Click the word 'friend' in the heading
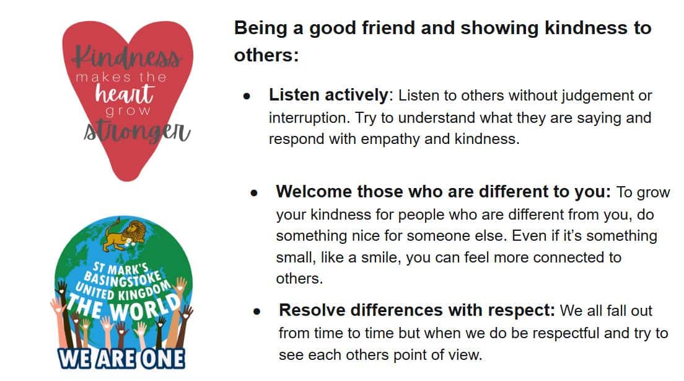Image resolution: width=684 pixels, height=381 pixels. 388,27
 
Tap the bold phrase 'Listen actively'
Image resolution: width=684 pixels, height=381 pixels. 328,95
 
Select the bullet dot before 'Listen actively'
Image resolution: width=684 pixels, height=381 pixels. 247,96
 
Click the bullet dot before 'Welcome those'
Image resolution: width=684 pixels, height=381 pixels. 254,193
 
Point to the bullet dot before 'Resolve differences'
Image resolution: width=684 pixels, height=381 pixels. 256,312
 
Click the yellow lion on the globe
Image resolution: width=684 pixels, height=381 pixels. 124,236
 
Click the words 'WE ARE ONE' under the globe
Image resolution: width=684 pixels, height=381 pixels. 121,359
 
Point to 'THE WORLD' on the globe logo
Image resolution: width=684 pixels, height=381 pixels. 123,307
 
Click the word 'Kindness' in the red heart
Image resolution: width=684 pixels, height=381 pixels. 127,57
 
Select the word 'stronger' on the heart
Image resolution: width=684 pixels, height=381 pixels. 137,131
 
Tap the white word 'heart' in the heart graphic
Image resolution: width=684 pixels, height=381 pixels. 125,92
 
